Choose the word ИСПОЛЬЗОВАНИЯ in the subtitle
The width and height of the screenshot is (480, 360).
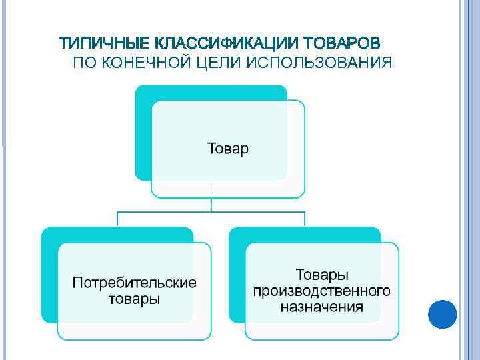coord(319,63)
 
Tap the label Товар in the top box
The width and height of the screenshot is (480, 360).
coord(228,148)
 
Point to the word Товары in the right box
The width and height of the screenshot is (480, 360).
coord(322,275)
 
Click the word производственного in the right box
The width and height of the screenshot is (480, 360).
coord(322,291)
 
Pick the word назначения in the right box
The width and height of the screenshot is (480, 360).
coord(322,307)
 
